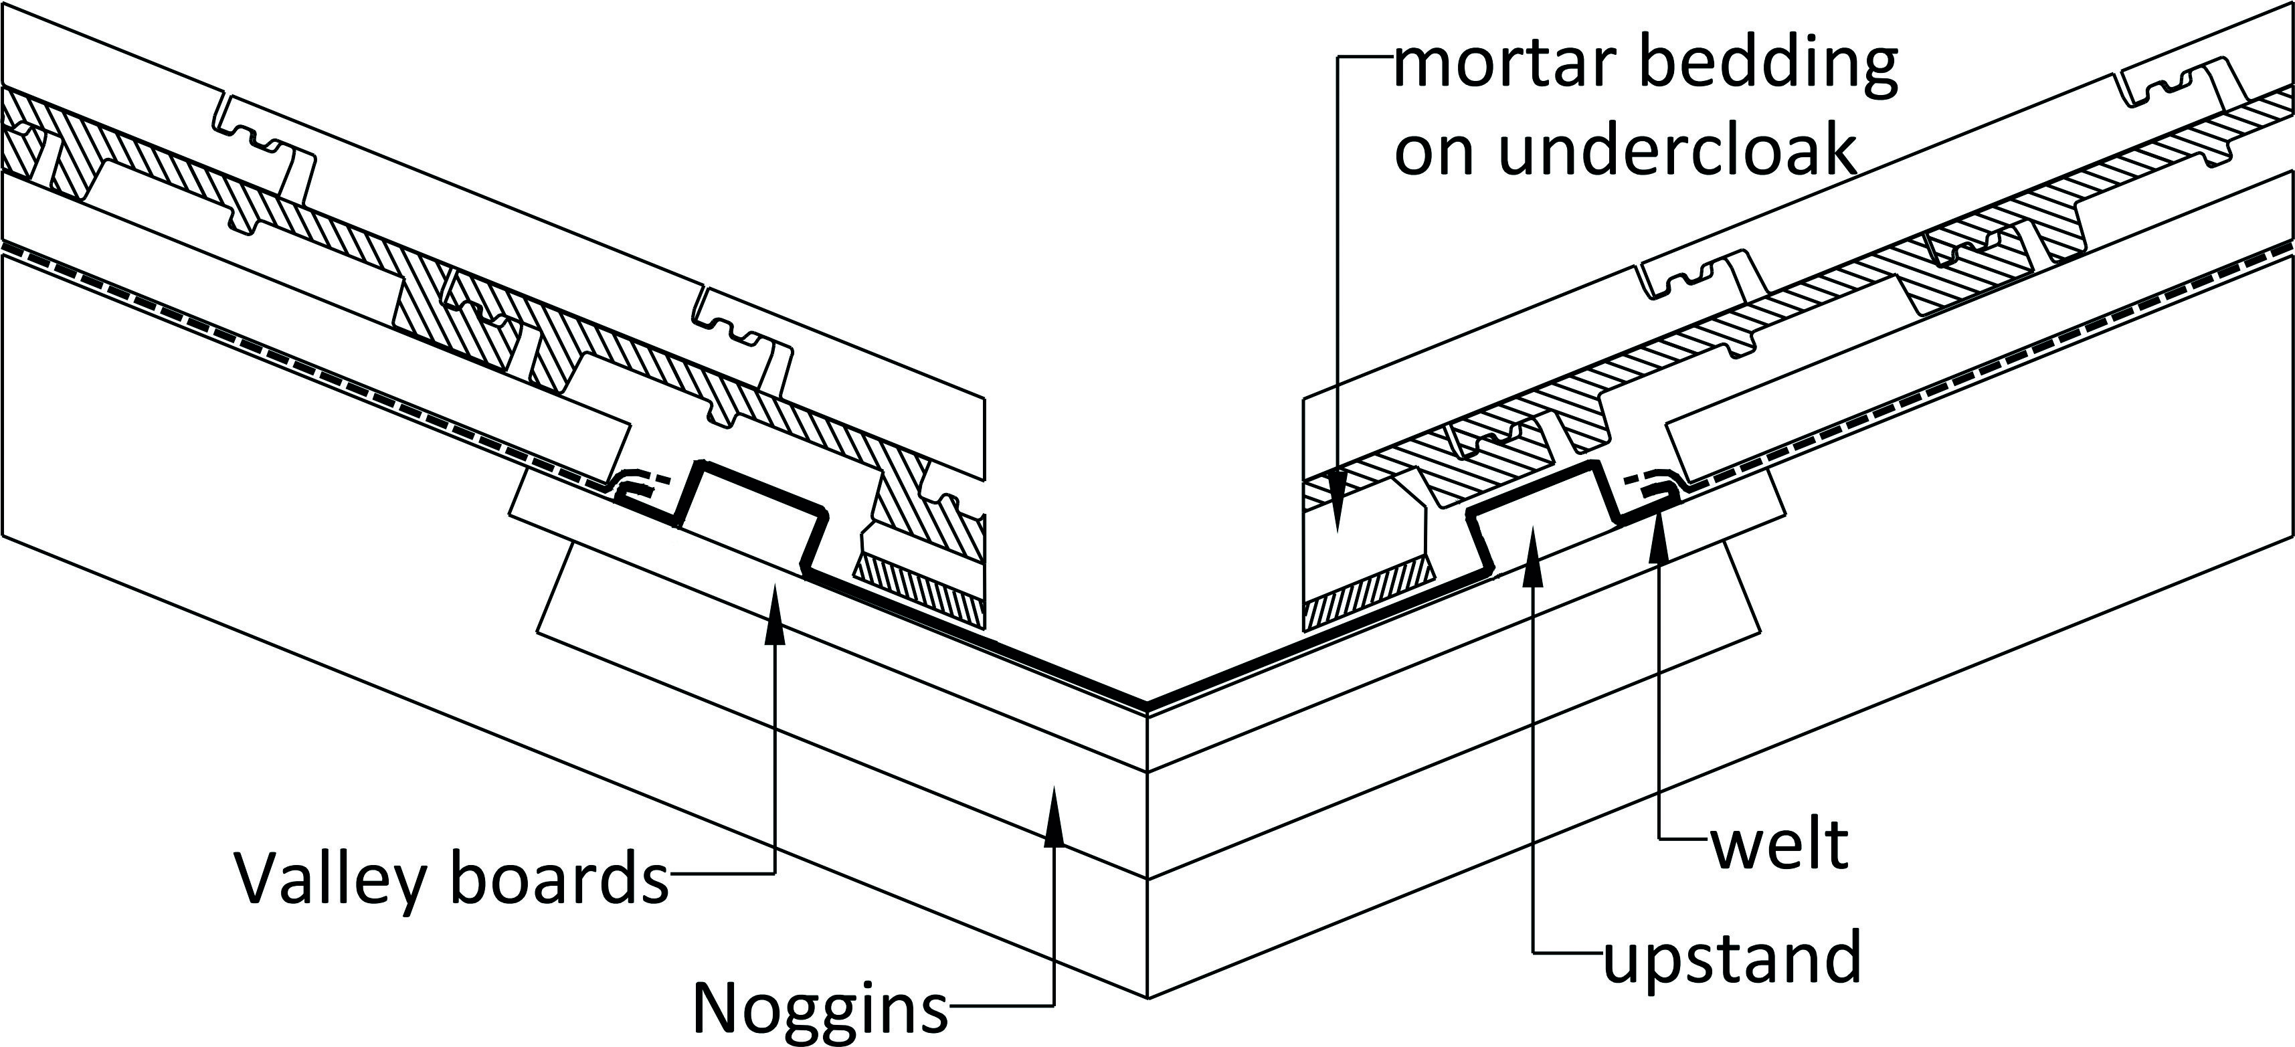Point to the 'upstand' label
click(x=1734, y=957)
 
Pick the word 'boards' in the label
click(x=559, y=878)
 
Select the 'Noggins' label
click(x=820, y=1008)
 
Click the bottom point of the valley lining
click(x=1147, y=706)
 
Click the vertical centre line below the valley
click(x=1147, y=856)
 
